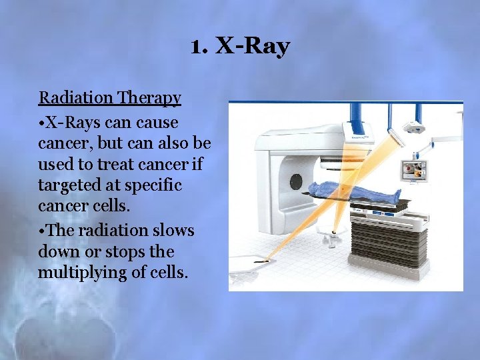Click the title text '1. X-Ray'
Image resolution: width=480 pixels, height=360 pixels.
tap(239, 47)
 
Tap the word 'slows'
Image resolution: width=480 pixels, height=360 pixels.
tap(174, 231)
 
